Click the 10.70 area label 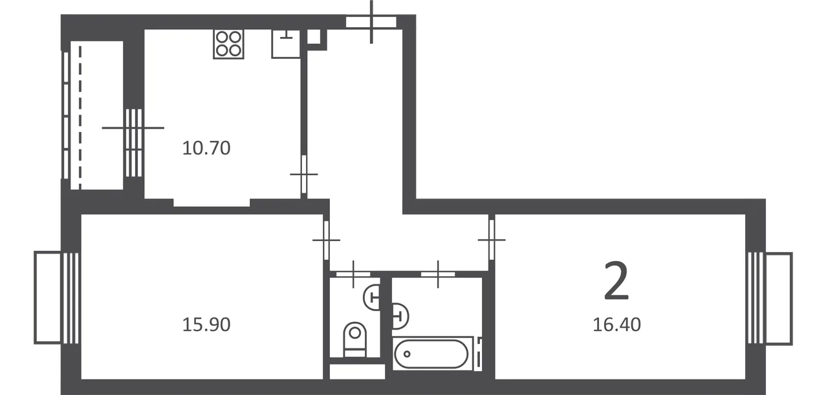[206, 148]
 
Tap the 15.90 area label [206, 325]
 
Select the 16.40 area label [616, 325]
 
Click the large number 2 [616, 280]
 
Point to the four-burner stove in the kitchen [228, 44]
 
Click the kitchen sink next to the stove [286, 44]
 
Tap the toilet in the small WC [354, 339]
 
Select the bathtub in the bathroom [431, 354]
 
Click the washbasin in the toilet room [372, 297]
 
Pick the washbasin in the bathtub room [400, 316]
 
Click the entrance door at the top [371, 22]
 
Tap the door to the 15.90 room [326, 240]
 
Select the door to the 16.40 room [492, 240]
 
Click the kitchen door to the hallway [304, 174]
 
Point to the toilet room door [353, 274]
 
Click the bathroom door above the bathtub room [438, 274]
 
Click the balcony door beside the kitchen [133, 143]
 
